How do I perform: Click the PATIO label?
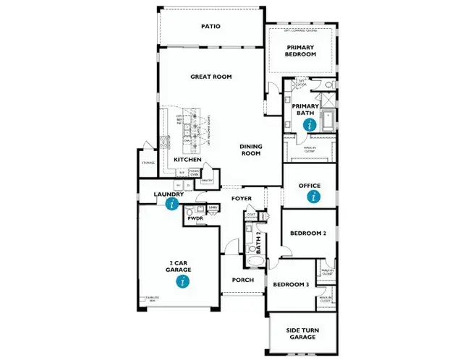click(x=211, y=27)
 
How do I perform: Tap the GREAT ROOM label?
click(x=211, y=76)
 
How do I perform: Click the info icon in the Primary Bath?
click(x=311, y=124)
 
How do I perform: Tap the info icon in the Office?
click(x=313, y=196)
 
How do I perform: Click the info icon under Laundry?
click(x=171, y=204)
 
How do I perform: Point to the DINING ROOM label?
click(x=250, y=150)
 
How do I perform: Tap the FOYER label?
click(x=241, y=197)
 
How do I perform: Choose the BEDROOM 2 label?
click(x=309, y=233)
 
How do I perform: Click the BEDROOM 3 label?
click(x=291, y=285)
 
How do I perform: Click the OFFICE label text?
click(x=310, y=186)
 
